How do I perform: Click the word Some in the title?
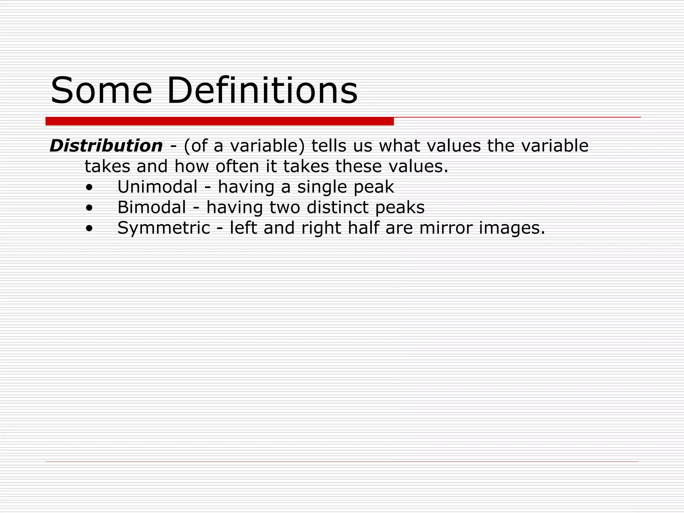click(x=101, y=91)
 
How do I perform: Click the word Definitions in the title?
click(x=262, y=91)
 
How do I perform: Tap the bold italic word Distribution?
click(x=106, y=146)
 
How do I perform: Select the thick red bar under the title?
click(x=219, y=121)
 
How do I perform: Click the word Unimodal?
click(x=157, y=187)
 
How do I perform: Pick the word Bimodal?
click(x=152, y=207)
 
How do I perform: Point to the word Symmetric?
click(x=164, y=228)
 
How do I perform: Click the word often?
click(x=237, y=166)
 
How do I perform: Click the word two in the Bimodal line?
click(x=285, y=207)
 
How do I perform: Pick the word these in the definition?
click(x=358, y=166)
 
